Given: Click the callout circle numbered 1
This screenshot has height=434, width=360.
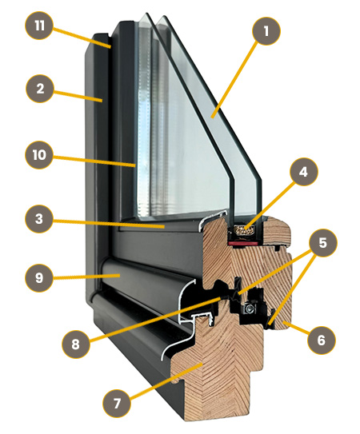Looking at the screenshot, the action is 266,31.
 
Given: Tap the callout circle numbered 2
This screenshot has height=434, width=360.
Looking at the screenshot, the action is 40,89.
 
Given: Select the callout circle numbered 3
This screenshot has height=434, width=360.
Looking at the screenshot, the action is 39,219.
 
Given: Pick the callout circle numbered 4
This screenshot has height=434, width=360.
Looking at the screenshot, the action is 304,172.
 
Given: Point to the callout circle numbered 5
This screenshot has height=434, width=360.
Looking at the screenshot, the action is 323,243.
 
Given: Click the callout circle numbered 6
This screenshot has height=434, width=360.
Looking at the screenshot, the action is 322,340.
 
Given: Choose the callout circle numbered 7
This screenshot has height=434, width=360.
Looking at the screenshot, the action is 117,404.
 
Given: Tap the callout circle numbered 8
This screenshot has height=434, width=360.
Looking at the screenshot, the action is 76,344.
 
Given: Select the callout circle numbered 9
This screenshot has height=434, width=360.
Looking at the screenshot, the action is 39,277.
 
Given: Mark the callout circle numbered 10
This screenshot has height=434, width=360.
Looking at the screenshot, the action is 39,155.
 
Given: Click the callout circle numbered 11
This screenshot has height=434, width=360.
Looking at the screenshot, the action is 39,26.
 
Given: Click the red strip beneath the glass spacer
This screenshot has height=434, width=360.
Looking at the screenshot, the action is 243,243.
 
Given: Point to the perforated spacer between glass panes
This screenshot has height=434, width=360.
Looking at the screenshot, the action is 245,230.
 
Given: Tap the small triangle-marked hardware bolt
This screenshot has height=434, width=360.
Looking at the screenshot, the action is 250,308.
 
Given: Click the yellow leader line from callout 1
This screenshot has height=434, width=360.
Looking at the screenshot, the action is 234,81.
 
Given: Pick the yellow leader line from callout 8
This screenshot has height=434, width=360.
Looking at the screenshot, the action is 154,319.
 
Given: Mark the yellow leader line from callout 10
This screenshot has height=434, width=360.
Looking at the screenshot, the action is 94,161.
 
